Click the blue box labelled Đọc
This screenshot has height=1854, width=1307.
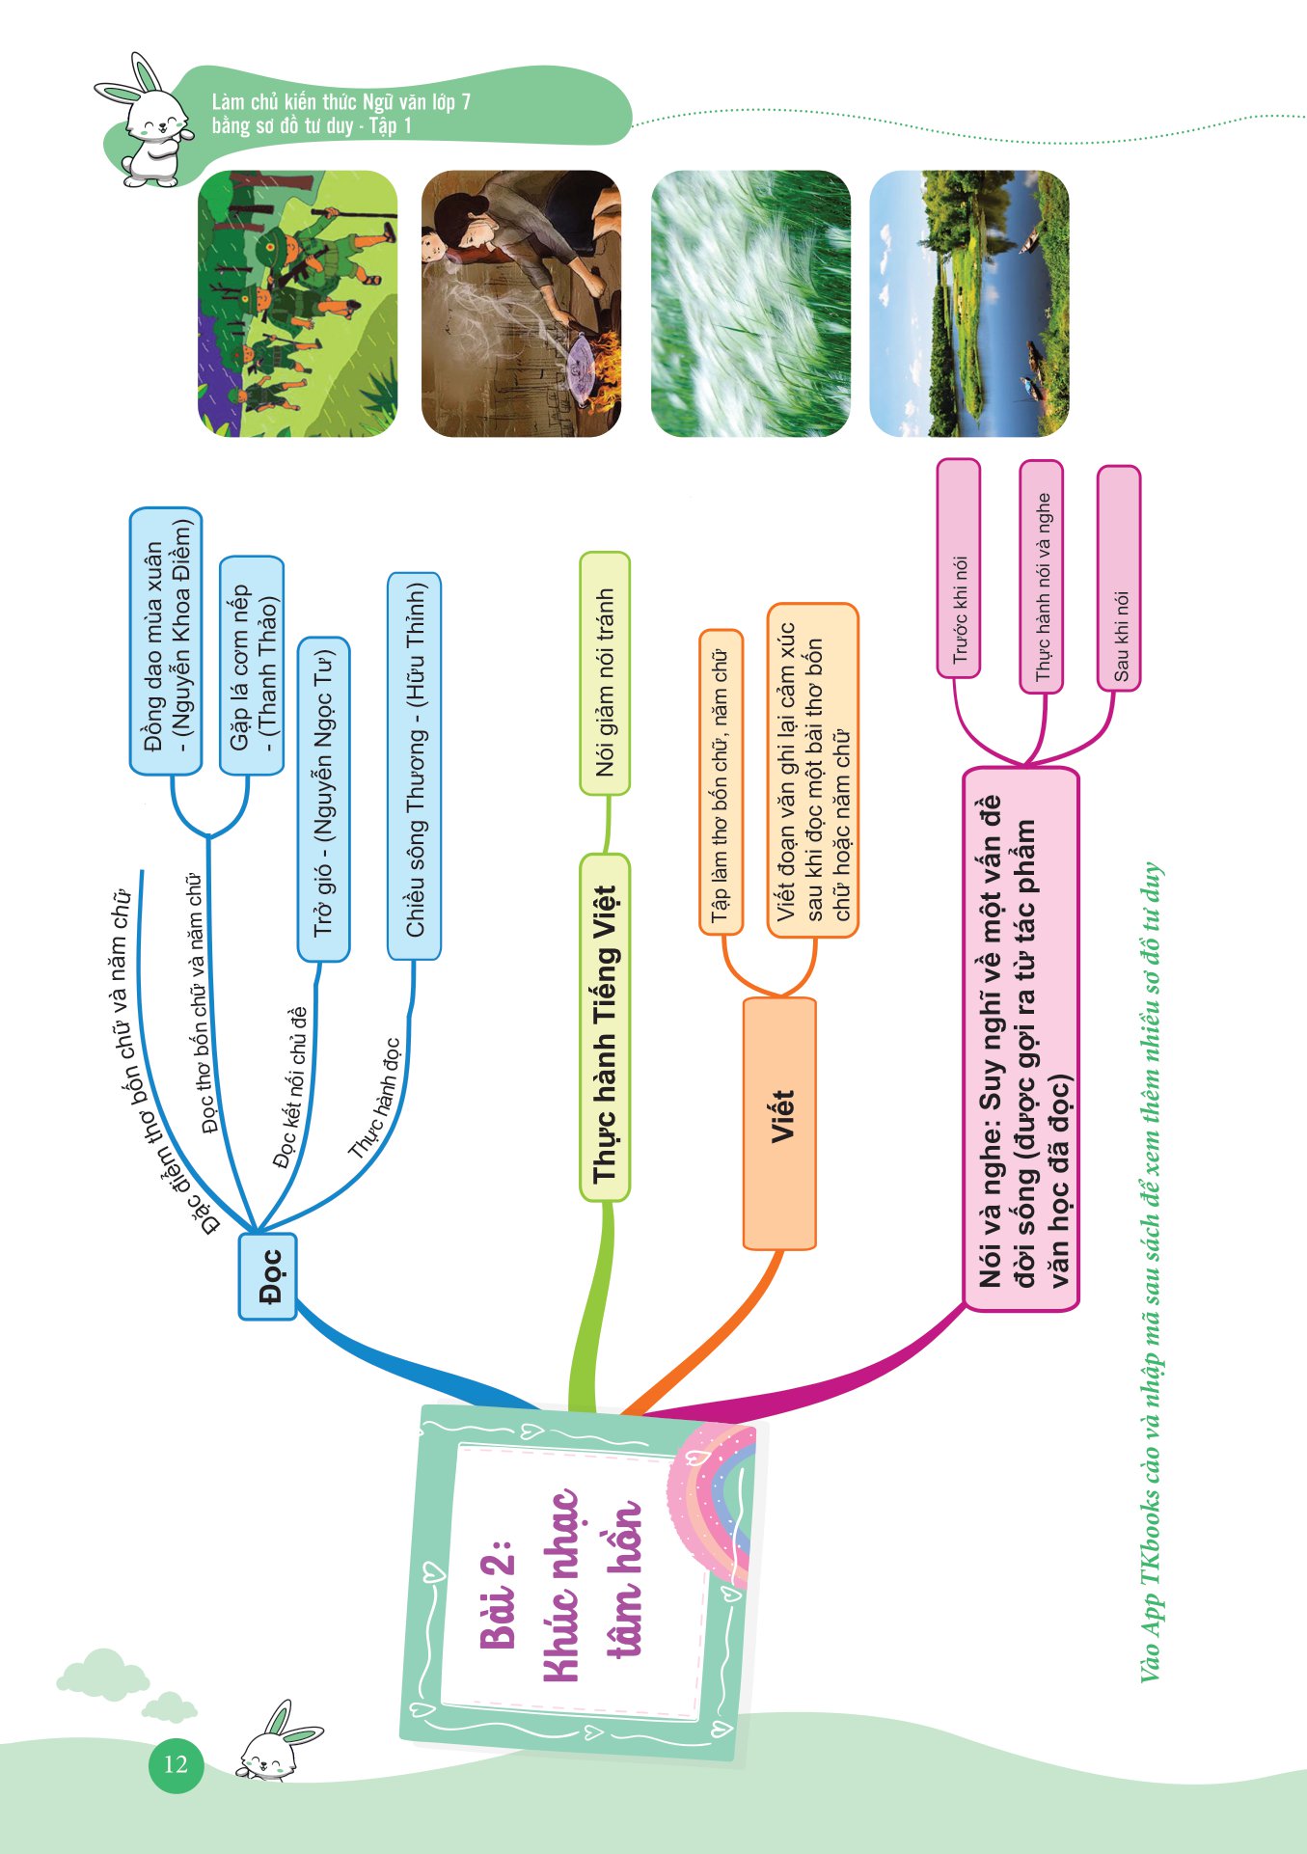point(267,1275)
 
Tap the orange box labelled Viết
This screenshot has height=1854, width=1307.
point(780,1123)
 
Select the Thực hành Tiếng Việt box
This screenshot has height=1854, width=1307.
point(605,1028)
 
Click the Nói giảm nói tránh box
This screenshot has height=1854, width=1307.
point(605,673)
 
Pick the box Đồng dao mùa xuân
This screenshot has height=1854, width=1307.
point(166,641)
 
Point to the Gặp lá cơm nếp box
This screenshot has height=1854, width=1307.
point(252,666)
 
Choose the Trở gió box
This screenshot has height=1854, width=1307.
point(324,799)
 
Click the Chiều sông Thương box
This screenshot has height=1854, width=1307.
point(415,766)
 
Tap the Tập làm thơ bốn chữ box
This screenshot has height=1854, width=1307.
point(721,782)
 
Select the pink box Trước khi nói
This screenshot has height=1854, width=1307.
point(959,568)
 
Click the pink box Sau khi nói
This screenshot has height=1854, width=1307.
point(1119,578)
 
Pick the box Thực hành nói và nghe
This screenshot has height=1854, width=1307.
point(1042,576)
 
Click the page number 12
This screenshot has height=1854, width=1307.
point(176,1764)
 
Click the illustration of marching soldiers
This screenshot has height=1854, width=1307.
point(297,304)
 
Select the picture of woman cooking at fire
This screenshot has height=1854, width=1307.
point(521,304)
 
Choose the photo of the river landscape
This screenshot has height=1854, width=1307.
point(969,304)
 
